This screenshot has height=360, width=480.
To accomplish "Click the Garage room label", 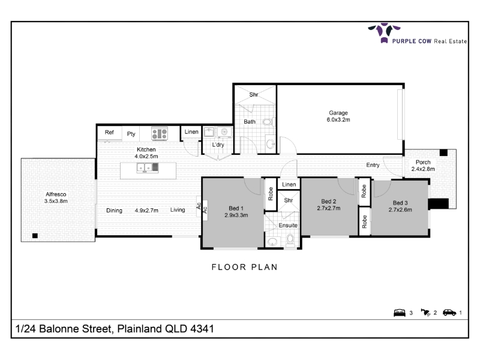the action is (x=338, y=113).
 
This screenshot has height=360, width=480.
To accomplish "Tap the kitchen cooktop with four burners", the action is (x=160, y=133).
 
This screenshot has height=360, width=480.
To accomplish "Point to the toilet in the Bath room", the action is (x=268, y=122).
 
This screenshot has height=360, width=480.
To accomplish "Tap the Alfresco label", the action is (x=56, y=194).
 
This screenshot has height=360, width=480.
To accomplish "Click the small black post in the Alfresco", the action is (x=35, y=235).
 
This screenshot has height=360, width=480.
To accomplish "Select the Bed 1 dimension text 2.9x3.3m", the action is (x=236, y=215).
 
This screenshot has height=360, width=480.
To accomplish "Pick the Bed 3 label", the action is (x=400, y=203).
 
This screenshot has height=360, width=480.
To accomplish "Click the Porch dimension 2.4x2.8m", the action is (x=423, y=169).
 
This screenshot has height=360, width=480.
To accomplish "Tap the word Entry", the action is (x=373, y=165).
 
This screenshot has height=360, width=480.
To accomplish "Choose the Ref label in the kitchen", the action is (x=109, y=132).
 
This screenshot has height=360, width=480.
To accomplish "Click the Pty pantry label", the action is (x=131, y=134).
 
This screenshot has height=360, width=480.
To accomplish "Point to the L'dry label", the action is (x=218, y=145).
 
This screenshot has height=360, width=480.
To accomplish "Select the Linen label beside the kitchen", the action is (x=191, y=131).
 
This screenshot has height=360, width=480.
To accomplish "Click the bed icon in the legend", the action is (x=400, y=313).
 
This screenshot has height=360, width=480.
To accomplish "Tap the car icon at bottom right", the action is (x=449, y=313).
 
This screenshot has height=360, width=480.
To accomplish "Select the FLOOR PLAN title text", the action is (x=245, y=267).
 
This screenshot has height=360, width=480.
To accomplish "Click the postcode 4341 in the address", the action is (x=202, y=328).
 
